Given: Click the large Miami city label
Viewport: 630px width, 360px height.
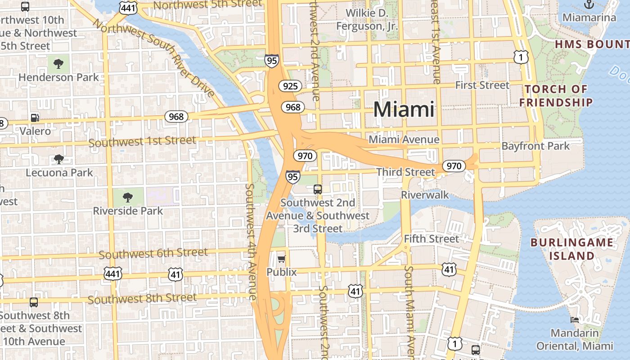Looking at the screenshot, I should tap(404, 109).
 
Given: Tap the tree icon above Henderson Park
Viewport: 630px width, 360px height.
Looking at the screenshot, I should tap(58, 64).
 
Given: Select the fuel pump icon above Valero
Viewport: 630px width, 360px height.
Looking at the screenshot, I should tap(35, 118).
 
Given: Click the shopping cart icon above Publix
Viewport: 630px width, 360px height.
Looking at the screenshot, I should tap(282, 259).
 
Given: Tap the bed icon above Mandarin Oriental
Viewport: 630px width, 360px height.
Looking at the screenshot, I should tap(575, 320).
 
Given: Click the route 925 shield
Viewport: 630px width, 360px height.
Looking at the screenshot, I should tap(290, 86).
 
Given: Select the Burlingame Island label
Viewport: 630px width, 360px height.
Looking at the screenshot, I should tap(571, 249).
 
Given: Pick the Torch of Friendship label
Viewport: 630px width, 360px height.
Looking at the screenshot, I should tap(556, 95).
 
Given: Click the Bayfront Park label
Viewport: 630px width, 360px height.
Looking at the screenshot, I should tap(535, 146).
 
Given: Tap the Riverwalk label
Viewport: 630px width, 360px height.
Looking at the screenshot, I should tap(425, 194).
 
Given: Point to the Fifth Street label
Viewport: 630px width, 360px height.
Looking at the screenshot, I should tap(431, 238).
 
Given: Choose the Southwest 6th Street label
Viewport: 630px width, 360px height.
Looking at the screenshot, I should tap(153, 253).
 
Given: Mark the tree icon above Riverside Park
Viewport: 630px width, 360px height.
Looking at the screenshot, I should tap(128, 197).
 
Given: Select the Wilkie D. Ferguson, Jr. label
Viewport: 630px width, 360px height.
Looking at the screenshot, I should tap(367, 20).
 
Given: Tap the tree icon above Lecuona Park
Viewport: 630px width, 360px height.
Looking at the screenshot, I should tap(58, 159).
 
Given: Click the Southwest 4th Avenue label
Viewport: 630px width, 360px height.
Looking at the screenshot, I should tap(250, 241).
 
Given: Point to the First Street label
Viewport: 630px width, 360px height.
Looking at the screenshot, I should tap(482, 85).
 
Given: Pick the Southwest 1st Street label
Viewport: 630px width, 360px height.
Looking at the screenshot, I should tap(142, 141).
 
